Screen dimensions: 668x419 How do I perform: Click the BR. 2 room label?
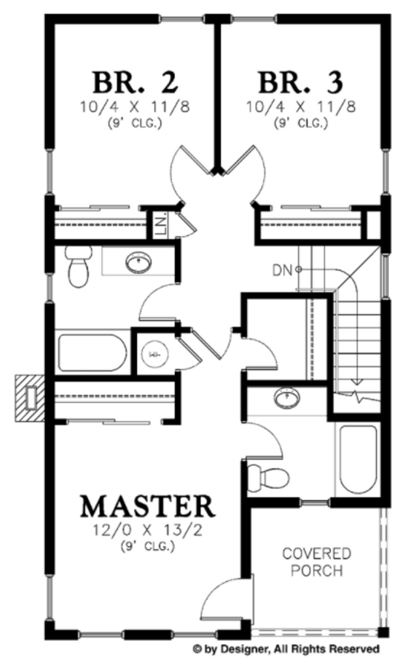134,82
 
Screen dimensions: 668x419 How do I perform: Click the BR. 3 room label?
299,82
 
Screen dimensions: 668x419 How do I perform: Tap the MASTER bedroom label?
148,506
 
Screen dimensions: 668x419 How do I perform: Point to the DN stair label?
283,271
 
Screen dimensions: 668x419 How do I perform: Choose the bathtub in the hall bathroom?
93,353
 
